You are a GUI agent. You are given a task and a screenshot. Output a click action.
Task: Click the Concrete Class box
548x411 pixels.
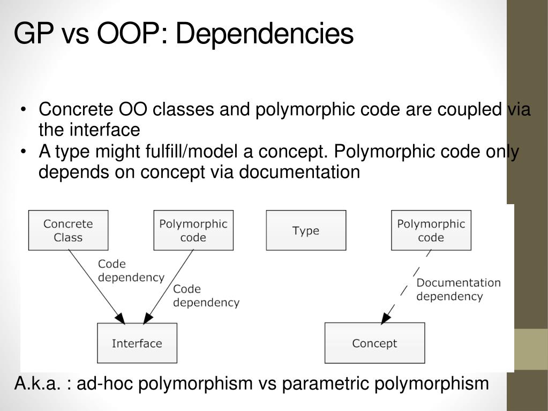point(68,230)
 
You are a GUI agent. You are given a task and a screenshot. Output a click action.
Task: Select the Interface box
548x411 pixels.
point(137,343)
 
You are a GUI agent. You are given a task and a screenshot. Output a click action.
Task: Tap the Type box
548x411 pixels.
point(306,230)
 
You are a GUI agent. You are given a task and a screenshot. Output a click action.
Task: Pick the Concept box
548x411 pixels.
point(374,343)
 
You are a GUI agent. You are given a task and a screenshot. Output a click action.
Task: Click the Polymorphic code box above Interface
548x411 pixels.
point(193,230)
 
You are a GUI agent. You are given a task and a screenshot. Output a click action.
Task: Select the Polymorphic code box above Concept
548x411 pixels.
point(431,230)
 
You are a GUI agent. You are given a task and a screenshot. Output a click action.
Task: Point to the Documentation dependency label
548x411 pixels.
point(458,289)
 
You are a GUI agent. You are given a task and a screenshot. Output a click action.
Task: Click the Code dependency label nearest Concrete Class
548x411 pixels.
point(130,271)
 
